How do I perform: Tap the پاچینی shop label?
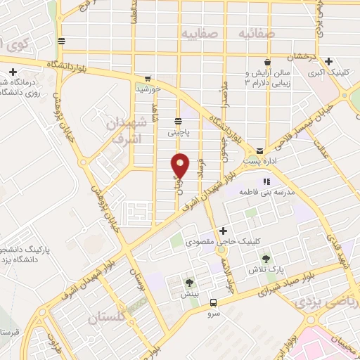pyautogui.click(x=178, y=131)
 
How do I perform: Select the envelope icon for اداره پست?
pyautogui.click(x=260, y=150)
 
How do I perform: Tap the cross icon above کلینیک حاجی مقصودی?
pyautogui.click(x=223, y=231)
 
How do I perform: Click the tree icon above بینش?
pyautogui.click(x=189, y=283)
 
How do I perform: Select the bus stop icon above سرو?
pyautogui.click(x=213, y=303)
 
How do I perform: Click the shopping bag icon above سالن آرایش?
pyautogui.click(x=267, y=62)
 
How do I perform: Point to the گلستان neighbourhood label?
pyautogui.click(x=109, y=319)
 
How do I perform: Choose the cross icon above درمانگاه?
pyautogui.click(x=13, y=72)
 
